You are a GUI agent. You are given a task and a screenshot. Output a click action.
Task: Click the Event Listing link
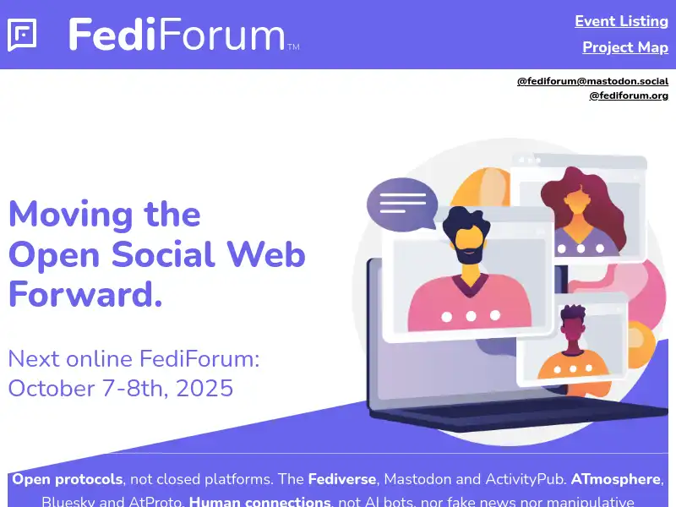621,21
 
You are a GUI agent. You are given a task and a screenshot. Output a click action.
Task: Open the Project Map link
624,47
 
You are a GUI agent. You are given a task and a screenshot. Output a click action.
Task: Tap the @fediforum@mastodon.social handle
592,81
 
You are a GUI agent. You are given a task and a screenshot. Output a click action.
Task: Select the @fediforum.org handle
629,95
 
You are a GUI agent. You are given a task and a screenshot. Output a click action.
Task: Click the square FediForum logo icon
22,35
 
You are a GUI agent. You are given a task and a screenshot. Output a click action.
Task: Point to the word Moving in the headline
71,214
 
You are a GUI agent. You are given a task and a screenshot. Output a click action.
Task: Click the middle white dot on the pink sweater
471,316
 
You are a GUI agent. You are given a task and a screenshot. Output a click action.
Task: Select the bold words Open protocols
68,479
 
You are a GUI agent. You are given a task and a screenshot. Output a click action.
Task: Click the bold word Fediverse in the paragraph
341,479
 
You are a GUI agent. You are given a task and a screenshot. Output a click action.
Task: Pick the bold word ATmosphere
615,479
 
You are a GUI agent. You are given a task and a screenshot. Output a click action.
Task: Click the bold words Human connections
259,501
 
